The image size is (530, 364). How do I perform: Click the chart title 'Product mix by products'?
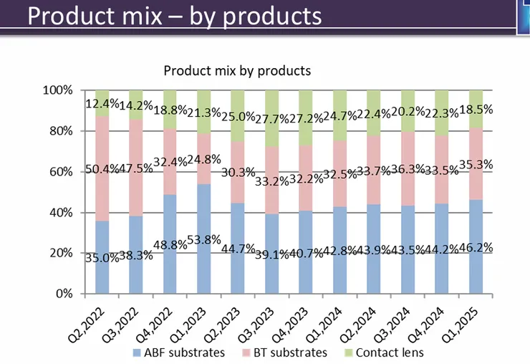coord(237,71)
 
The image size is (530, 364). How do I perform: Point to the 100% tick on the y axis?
coord(58,91)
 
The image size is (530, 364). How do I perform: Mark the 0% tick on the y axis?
coord(64,294)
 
